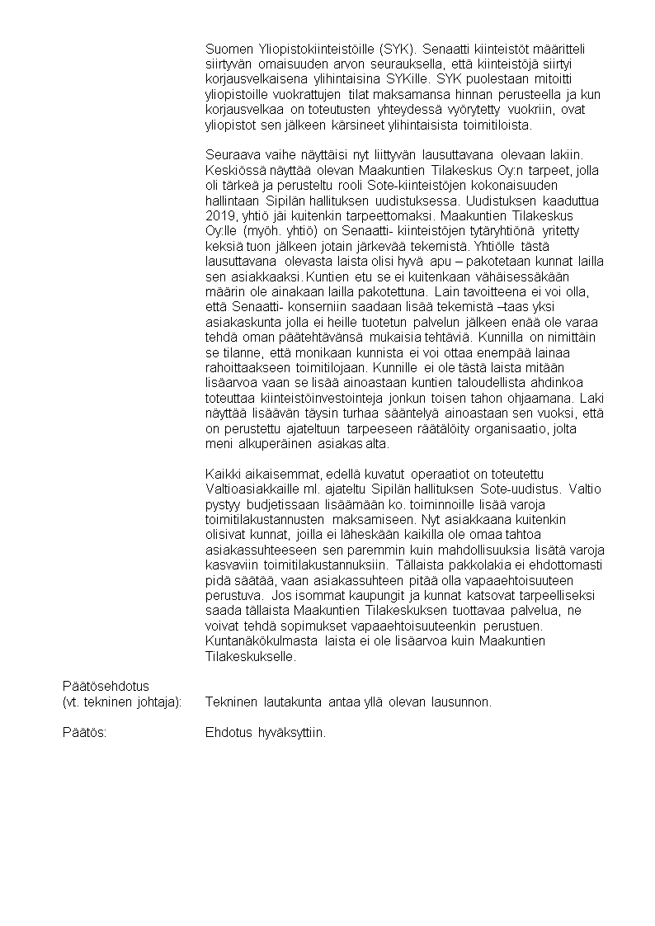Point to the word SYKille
407,79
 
